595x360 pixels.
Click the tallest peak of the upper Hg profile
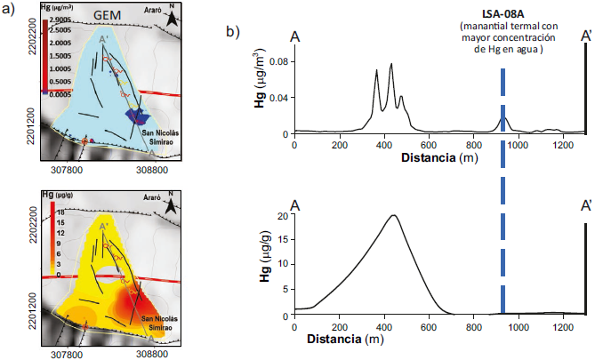(x=391, y=65)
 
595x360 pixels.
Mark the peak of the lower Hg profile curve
(x=393, y=215)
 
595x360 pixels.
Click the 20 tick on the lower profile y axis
(x=282, y=216)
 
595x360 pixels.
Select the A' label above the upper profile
(x=586, y=36)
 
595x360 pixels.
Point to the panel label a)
(x=11, y=12)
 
